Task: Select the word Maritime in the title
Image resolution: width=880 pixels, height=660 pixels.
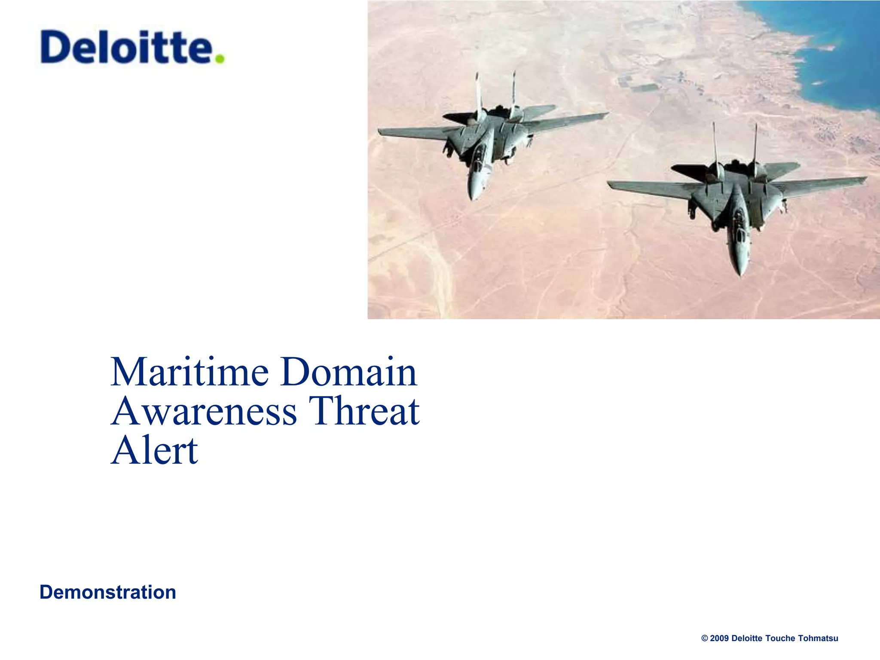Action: pyautogui.click(x=189, y=372)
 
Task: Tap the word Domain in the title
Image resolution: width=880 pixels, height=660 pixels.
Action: pyautogui.click(x=348, y=372)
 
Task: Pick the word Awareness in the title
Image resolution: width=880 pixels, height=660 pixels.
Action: pyautogui.click(x=204, y=411)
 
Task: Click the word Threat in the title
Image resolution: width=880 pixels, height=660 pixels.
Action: pyautogui.click(x=364, y=411)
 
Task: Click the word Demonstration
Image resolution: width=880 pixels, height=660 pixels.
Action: pyautogui.click(x=108, y=592)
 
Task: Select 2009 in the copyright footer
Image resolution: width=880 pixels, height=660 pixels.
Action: pyautogui.click(x=719, y=638)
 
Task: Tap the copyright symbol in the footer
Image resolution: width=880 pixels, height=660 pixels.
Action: pyautogui.click(x=704, y=638)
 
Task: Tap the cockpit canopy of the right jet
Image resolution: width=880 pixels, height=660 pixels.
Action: pyautogui.click(x=739, y=223)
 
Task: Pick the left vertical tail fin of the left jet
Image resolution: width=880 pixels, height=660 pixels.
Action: pyautogui.click(x=478, y=92)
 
